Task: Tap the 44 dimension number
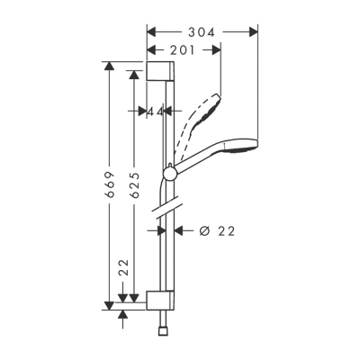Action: pos(155,112)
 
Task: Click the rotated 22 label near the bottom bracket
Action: pos(124,268)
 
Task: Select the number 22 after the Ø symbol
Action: pos(226,231)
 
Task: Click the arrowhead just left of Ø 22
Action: pos(177,231)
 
